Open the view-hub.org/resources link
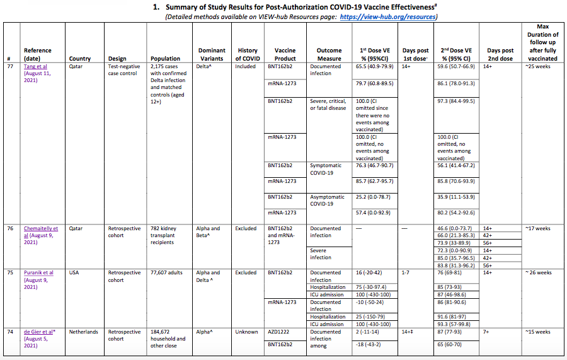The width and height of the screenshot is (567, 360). click(x=387, y=16)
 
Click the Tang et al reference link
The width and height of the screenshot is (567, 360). click(x=35, y=66)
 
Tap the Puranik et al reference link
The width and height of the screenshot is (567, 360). click(x=38, y=272)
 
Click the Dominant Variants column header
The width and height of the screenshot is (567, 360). click(x=212, y=54)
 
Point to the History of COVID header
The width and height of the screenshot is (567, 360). click(x=248, y=54)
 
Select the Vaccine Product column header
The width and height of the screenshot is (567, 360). click(x=285, y=54)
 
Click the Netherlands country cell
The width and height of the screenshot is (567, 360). click(x=84, y=332)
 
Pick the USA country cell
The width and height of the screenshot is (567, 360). click(x=76, y=272)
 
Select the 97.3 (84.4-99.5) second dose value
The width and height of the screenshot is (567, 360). click(x=455, y=101)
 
